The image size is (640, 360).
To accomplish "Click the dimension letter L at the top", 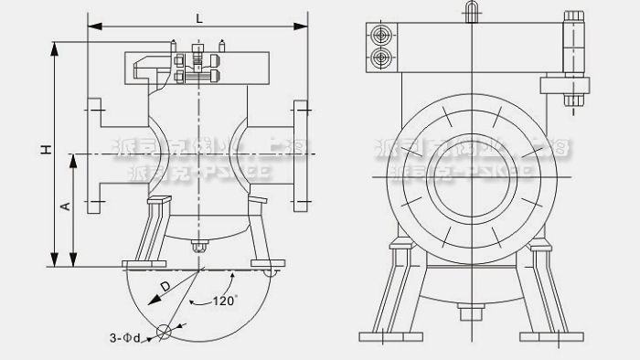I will pyautogui.click(x=198, y=17).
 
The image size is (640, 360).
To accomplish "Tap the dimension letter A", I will pyautogui.click(x=65, y=207).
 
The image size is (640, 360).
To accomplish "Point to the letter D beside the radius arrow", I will pyautogui.click(x=165, y=287).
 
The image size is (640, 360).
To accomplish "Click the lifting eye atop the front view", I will pyautogui.click(x=472, y=10).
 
